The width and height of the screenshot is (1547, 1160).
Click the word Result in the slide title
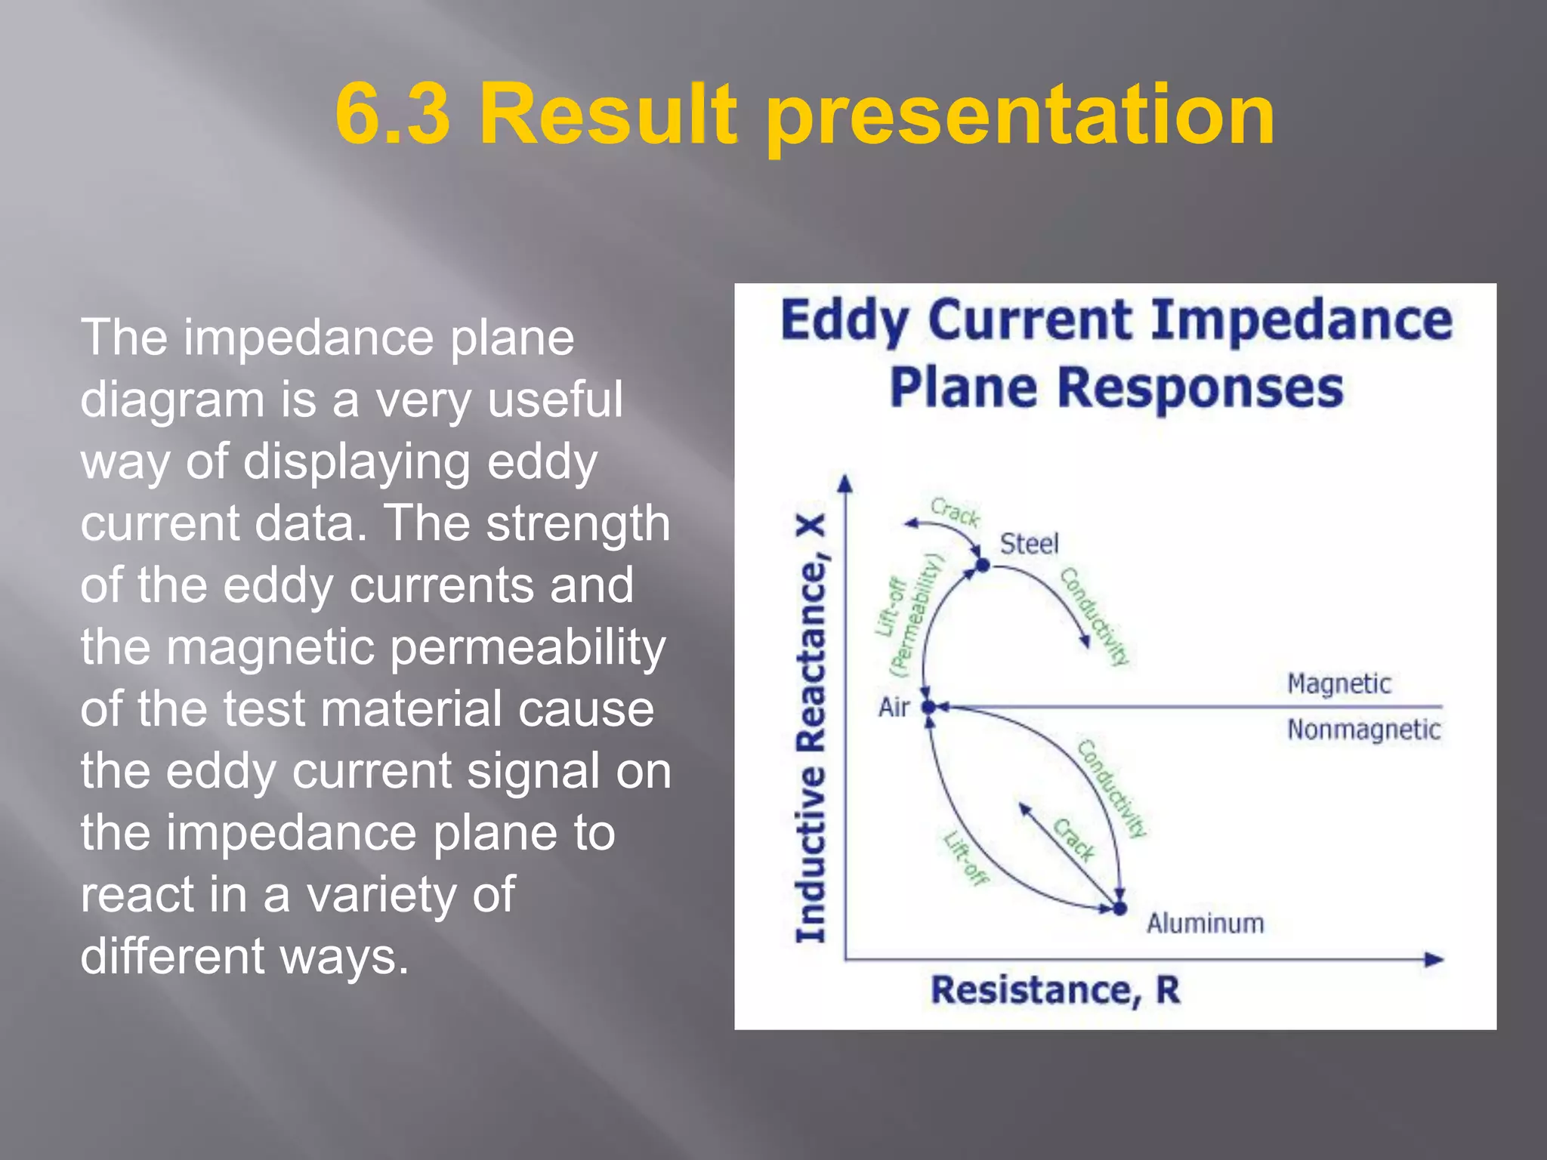coord(607,115)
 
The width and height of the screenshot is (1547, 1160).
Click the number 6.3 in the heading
coord(392,115)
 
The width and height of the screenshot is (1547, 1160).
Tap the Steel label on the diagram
coord(1029,544)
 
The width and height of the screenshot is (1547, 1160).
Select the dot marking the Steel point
coord(983,564)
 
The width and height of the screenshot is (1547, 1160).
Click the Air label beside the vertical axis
coord(894,708)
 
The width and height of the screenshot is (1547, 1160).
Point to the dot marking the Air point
coord(929,707)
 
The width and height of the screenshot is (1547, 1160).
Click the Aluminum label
coord(1205,923)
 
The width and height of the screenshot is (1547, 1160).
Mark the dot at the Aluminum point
coord(1120,908)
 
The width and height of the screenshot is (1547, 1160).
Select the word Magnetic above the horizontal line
coord(1339,683)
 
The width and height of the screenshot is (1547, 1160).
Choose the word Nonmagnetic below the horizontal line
coord(1363,730)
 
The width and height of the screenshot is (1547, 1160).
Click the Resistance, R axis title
coord(1054,990)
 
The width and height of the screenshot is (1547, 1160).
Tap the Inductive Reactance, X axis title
coord(811,729)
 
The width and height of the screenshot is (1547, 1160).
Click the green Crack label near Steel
coord(955,512)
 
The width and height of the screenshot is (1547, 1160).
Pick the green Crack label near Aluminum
coord(1074,840)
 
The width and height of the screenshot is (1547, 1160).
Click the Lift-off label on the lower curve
coord(965,858)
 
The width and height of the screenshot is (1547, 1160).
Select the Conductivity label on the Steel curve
coord(1095,616)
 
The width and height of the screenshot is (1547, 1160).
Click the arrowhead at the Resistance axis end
coord(1433,960)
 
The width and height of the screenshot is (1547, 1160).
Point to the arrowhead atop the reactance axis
coord(845,483)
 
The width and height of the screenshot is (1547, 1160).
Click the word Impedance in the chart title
coord(1301,320)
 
